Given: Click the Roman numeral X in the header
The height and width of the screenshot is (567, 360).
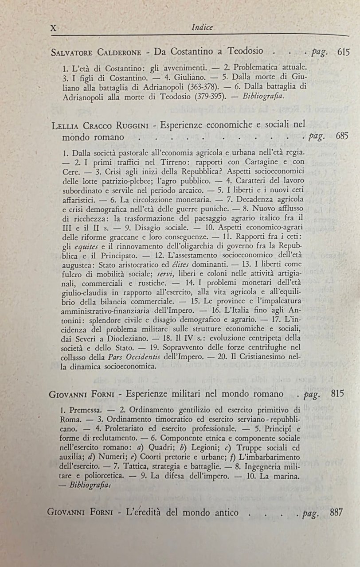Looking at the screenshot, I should [x=54, y=27].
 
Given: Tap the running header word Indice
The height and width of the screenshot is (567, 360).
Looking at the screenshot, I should [x=203, y=27].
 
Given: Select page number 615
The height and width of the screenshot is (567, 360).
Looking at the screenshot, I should [x=344, y=51].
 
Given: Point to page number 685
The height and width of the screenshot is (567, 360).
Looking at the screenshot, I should [x=342, y=136].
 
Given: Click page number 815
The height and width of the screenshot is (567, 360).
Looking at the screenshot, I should [x=340, y=393].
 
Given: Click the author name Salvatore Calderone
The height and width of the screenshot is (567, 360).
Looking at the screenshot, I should [x=96, y=52].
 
